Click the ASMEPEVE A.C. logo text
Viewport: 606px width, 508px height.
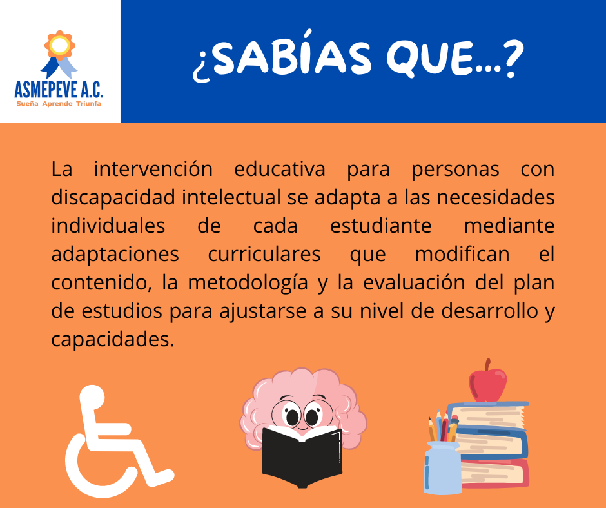coord(59,89)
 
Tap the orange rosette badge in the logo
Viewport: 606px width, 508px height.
coord(59,45)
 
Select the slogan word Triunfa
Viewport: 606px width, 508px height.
coord(88,104)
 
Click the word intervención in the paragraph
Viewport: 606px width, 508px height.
coord(153,169)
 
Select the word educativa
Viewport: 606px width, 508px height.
coord(279,169)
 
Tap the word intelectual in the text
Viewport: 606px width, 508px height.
coord(231,197)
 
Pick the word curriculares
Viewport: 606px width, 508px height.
coord(264,255)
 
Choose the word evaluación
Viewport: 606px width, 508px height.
coord(414,282)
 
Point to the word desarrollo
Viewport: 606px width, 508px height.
coord(490,311)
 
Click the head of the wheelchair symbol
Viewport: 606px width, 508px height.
coord(92,397)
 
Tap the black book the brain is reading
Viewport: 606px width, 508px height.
coord(302,456)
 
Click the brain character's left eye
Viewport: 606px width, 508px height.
coord(292,416)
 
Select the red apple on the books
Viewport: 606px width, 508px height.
coord(487,383)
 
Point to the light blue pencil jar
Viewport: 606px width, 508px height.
coord(442,468)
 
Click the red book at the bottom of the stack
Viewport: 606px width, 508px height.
coord(494,474)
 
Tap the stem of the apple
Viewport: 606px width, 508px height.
coord(488,364)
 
